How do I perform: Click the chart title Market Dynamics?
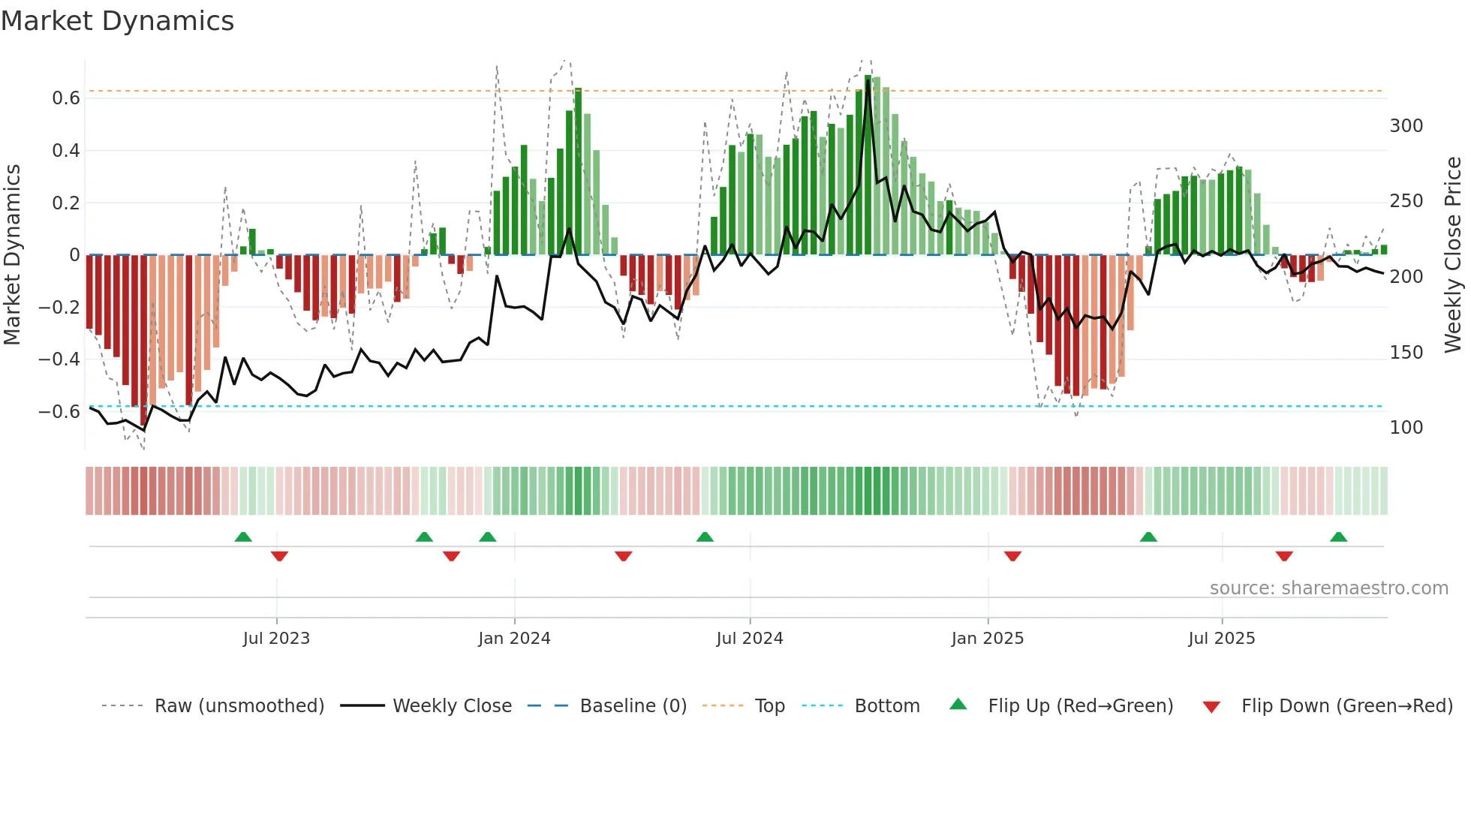tap(117, 21)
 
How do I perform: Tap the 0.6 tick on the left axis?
tap(66, 98)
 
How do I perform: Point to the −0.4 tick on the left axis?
tap(59, 359)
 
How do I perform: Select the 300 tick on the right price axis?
tap(1406, 126)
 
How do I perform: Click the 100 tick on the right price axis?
tap(1406, 428)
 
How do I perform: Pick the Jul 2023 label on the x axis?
tap(276, 639)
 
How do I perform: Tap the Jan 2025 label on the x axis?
tap(987, 639)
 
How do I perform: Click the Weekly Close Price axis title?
tap(1453, 255)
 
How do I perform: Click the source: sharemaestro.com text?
tap(1328, 588)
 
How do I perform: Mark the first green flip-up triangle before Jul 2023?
tap(243, 537)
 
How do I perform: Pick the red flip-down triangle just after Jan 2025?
tap(1012, 556)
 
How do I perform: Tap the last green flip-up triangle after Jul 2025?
tap(1338, 537)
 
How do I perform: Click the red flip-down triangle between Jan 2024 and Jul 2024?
tap(623, 556)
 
